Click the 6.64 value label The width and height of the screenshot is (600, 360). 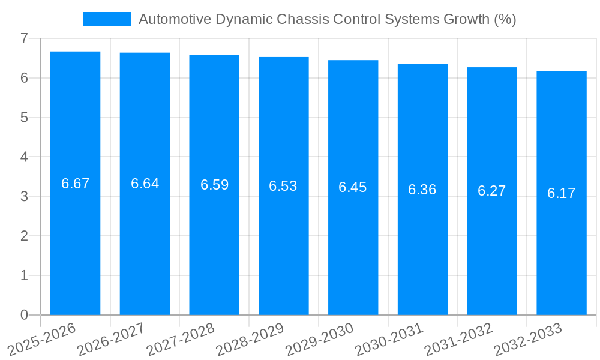tap(145, 184)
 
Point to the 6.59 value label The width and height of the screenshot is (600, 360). tap(214, 185)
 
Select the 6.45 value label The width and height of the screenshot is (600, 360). tap(352, 187)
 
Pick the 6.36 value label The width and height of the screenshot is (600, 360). tap(422, 190)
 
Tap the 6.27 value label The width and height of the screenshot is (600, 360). tap(491, 191)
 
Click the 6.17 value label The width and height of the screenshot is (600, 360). tap(561, 193)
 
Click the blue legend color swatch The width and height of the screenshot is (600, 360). tap(107, 19)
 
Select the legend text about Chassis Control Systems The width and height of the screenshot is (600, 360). tap(327, 19)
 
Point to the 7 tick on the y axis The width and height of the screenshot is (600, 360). tap(24, 38)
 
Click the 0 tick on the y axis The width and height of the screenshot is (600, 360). tap(24, 315)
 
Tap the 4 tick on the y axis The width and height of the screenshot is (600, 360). tap(24, 157)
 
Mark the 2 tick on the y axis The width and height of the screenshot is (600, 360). tap(24, 236)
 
